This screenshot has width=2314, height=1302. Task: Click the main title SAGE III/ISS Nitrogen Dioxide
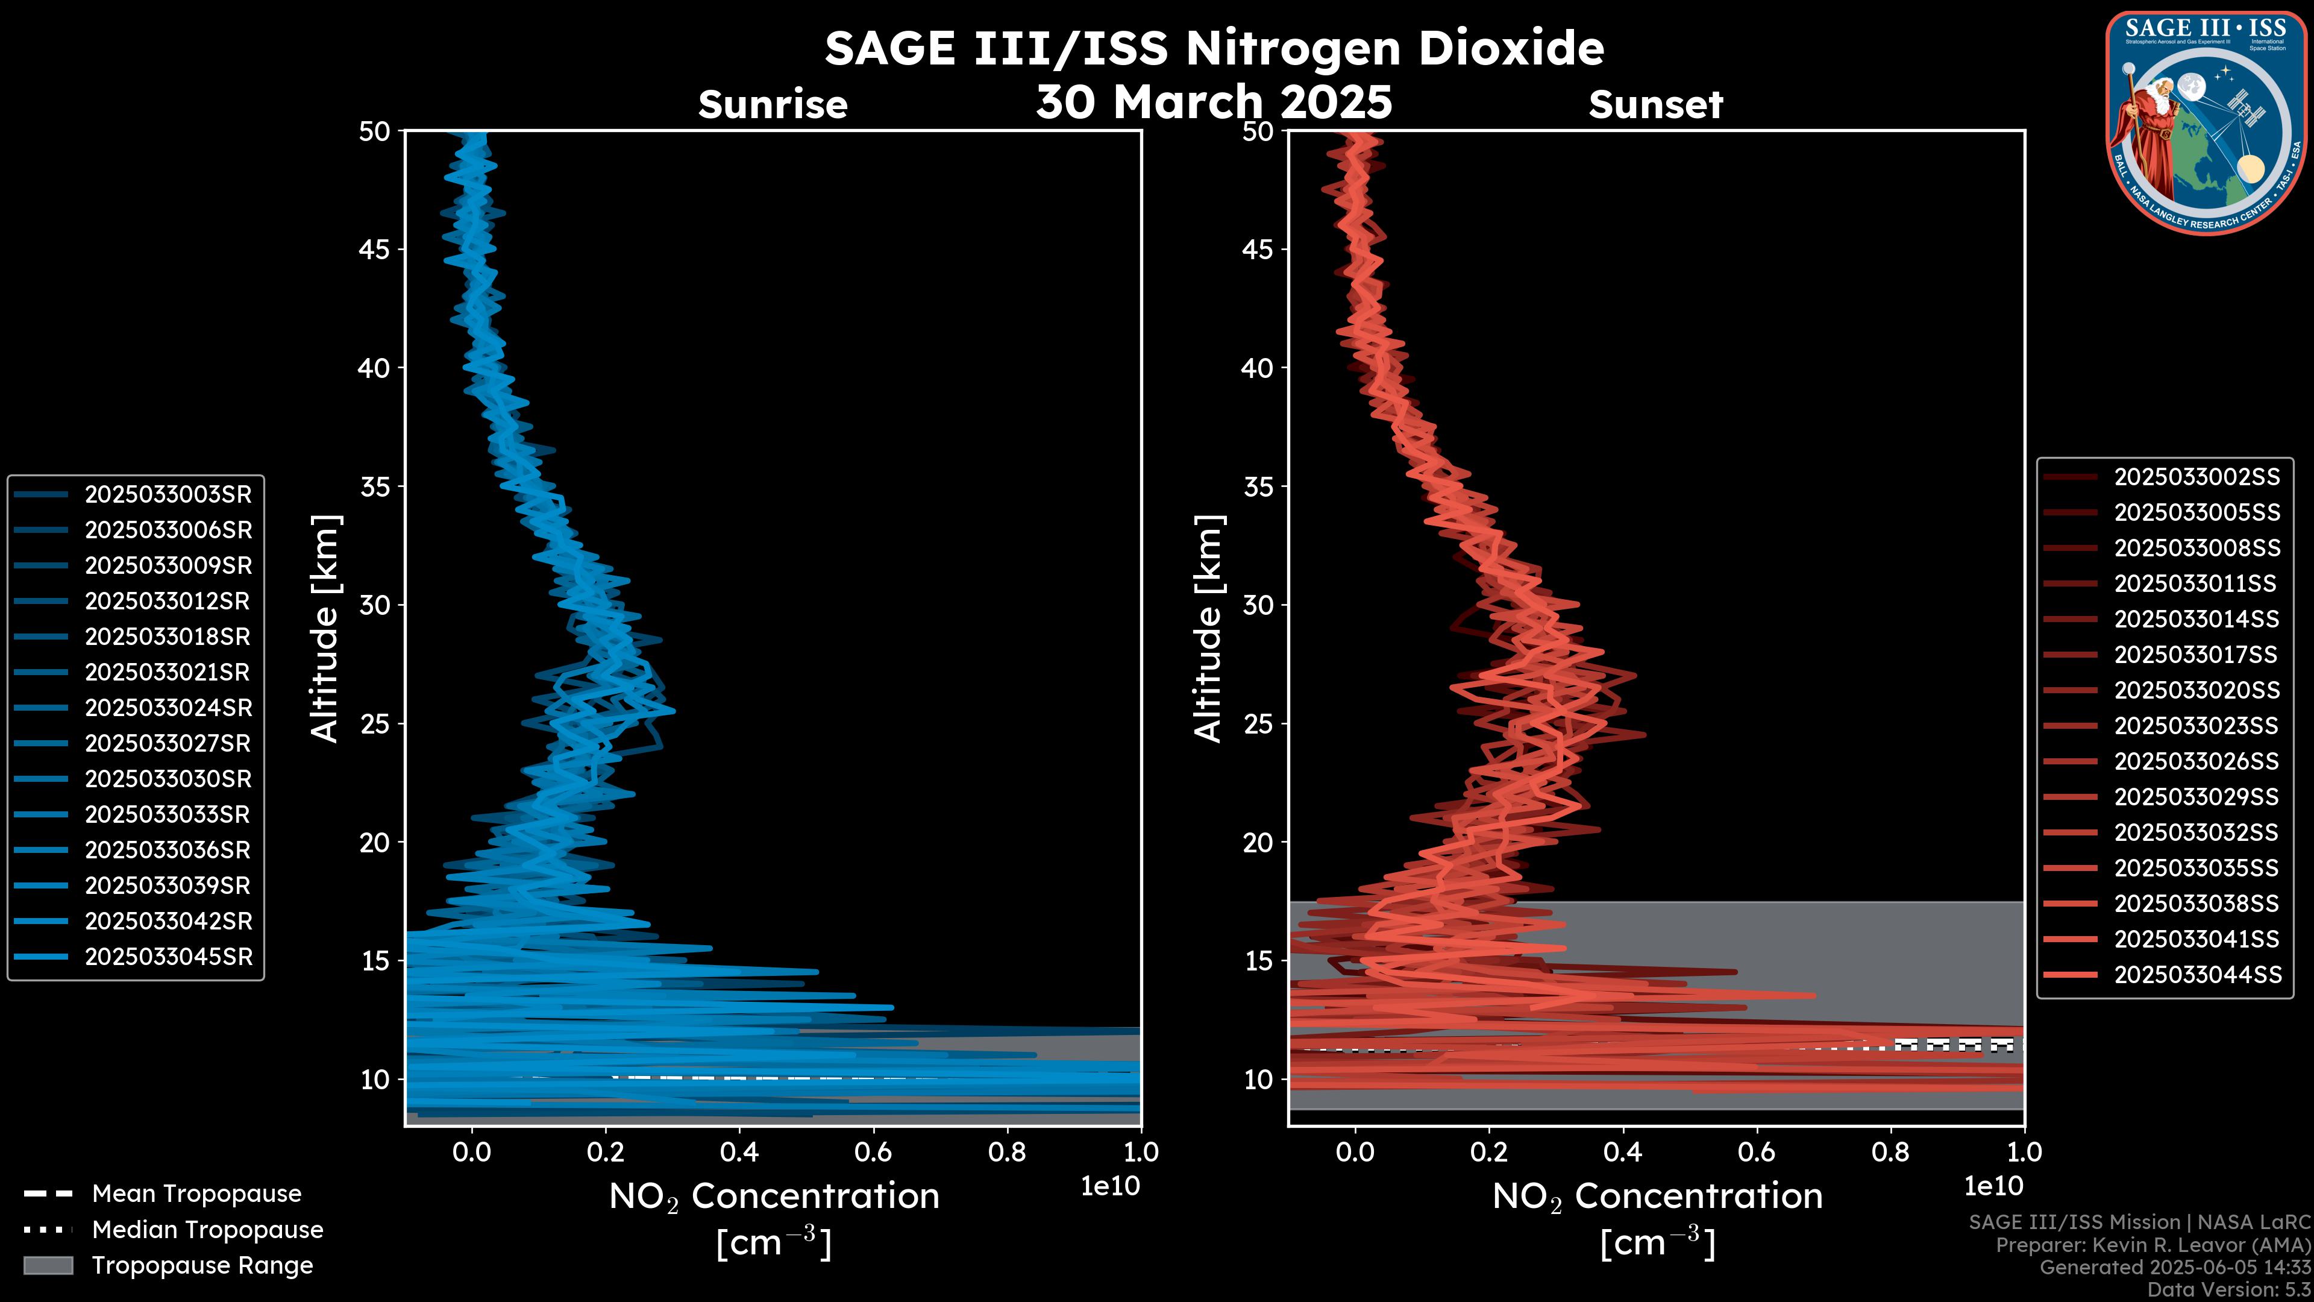click(x=1214, y=48)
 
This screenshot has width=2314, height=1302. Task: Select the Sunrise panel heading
click(x=773, y=104)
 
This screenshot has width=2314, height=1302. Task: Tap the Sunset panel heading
click(x=1655, y=104)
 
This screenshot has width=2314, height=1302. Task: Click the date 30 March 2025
click(x=1214, y=101)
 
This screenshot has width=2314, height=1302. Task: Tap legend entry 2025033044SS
click(x=2196, y=974)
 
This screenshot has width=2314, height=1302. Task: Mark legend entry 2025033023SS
click(x=2196, y=725)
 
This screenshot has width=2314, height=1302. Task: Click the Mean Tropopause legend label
click(x=196, y=1193)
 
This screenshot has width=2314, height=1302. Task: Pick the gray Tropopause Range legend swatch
click(x=48, y=1265)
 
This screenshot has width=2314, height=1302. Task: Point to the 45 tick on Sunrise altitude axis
click(x=375, y=249)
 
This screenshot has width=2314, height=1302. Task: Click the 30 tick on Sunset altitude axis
click(x=1258, y=605)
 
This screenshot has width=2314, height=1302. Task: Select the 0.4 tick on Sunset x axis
click(x=1622, y=1152)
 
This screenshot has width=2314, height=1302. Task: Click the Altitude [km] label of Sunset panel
click(x=1208, y=628)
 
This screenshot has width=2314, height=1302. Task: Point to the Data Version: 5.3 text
click(x=2228, y=1289)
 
